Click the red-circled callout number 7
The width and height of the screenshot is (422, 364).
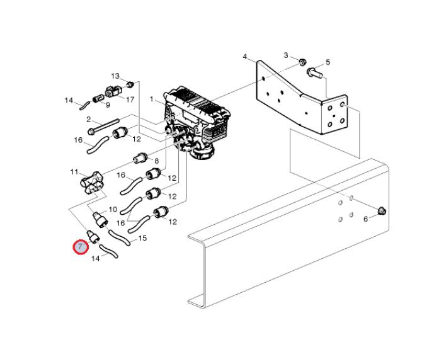coord(81,246)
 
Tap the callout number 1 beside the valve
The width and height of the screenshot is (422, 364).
coord(152,100)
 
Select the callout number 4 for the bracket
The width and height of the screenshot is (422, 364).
coord(244,57)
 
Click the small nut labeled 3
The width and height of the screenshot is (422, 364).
coord(302,63)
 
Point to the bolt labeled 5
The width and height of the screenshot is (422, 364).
coord(314,73)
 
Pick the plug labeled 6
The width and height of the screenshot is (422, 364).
coord(382,211)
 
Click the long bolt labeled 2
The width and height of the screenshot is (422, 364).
coord(103,126)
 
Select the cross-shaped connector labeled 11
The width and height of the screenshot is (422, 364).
coord(92,183)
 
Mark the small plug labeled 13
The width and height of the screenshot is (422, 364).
coord(130,84)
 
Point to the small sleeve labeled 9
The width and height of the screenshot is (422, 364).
coord(98,98)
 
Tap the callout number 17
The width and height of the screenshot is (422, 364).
coord(130,100)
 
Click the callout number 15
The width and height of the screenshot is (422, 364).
coord(142,238)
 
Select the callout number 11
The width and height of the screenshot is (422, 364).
coord(74,172)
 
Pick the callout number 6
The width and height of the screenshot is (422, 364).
coord(365,219)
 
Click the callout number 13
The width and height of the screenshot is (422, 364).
coord(115,76)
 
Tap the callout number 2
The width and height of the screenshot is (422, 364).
coord(89,119)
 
